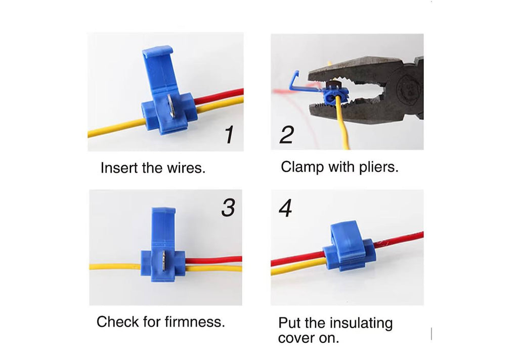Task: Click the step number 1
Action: click(x=229, y=134)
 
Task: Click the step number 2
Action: click(x=286, y=135)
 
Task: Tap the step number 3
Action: click(x=228, y=208)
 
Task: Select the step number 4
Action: click(x=285, y=208)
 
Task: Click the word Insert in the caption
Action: click(x=119, y=168)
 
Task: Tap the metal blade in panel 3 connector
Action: click(x=163, y=261)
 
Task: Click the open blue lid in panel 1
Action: click(x=160, y=71)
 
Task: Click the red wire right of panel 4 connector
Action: click(x=400, y=238)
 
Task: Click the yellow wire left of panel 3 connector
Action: click(x=115, y=266)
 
